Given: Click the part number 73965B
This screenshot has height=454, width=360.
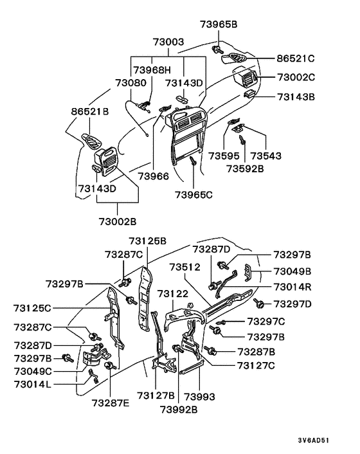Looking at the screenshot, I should click(x=219, y=24).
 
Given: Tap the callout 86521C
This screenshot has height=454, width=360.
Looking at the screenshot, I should click(x=295, y=58).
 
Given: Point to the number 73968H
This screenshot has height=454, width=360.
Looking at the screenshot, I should click(x=152, y=69).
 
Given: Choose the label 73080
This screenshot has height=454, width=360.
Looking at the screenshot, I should click(x=130, y=83).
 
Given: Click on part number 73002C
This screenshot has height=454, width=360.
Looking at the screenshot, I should click(x=296, y=77).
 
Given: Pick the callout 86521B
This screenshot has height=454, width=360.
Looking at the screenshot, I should click(x=89, y=112).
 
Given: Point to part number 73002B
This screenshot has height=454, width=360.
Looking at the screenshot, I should click(x=118, y=221).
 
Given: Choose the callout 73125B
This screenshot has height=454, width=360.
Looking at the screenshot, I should click(x=147, y=241).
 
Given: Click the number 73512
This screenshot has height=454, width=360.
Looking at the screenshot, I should click(x=185, y=266).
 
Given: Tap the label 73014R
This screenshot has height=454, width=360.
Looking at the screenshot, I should click(x=292, y=287).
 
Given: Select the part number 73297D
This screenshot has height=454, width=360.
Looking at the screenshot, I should click(x=292, y=303).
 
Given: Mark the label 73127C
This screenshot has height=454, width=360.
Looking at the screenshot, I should click(x=256, y=366).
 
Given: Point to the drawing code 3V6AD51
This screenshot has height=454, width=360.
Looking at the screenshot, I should click(x=329, y=441).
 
